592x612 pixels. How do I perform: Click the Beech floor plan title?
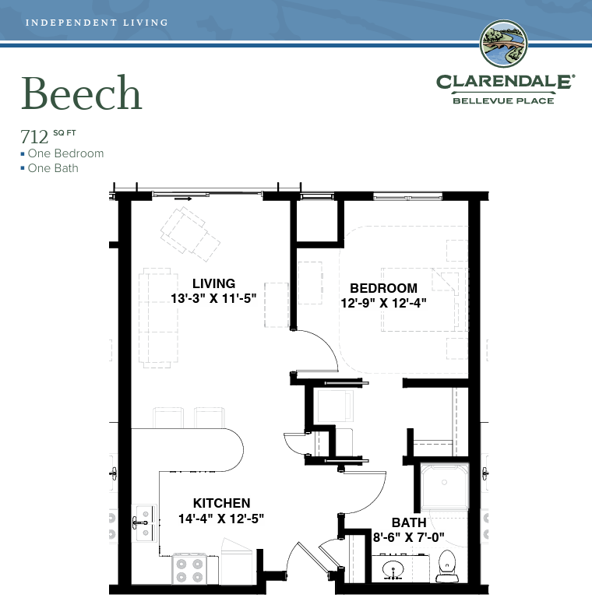pos(81,93)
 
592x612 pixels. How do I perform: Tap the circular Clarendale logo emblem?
pos(504,44)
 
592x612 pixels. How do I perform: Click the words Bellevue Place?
pos(503,100)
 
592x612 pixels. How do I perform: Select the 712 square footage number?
pos(34,137)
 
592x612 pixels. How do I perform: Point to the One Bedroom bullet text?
pos(65,153)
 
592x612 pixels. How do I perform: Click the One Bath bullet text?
pos(53,168)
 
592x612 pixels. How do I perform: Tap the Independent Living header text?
pos(97,23)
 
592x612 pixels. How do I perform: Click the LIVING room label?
pos(213,283)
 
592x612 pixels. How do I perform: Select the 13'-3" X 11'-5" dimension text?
pos(213,298)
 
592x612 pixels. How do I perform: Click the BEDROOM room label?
pos(383,288)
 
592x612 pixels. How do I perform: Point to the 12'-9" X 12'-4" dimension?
pos(383,303)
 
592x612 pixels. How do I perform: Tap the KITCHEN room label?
pos(221,503)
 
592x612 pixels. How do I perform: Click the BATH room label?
pos(409,522)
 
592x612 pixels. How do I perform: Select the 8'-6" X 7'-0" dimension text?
pos(408,537)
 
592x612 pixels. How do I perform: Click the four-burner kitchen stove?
pos(189,569)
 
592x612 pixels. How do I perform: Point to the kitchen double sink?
pos(144,522)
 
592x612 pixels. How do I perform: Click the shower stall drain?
pos(444,483)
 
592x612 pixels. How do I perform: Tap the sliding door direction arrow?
pos(183,199)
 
